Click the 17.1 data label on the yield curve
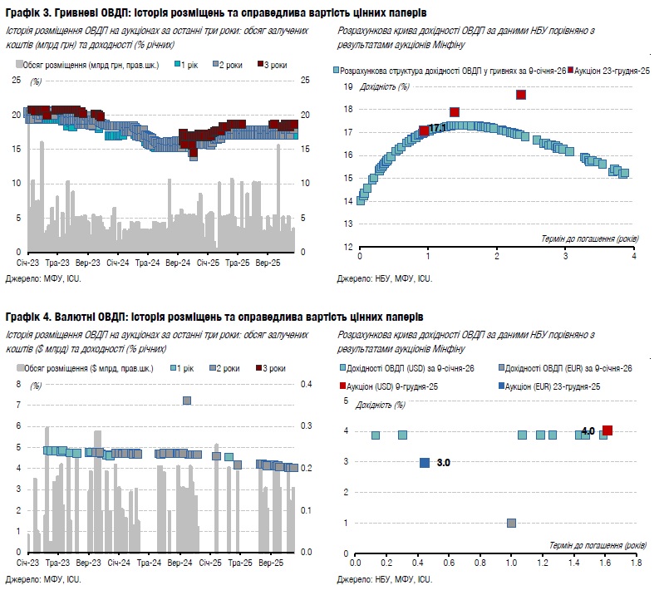click(x=438, y=128)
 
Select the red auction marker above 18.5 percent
click(x=521, y=95)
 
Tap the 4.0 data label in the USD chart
click(x=588, y=431)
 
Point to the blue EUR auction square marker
click(x=425, y=463)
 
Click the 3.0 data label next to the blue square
click(x=444, y=463)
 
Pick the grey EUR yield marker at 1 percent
click(x=511, y=523)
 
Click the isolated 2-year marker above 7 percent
click(x=187, y=401)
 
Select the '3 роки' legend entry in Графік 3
click(x=273, y=64)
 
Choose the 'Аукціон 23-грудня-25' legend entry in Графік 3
click(x=609, y=71)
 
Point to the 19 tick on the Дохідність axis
click(x=349, y=86)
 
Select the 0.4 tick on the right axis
click(x=307, y=384)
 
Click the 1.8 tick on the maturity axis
click(x=636, y=563)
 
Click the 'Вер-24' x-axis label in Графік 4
click(x=180, y=563)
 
